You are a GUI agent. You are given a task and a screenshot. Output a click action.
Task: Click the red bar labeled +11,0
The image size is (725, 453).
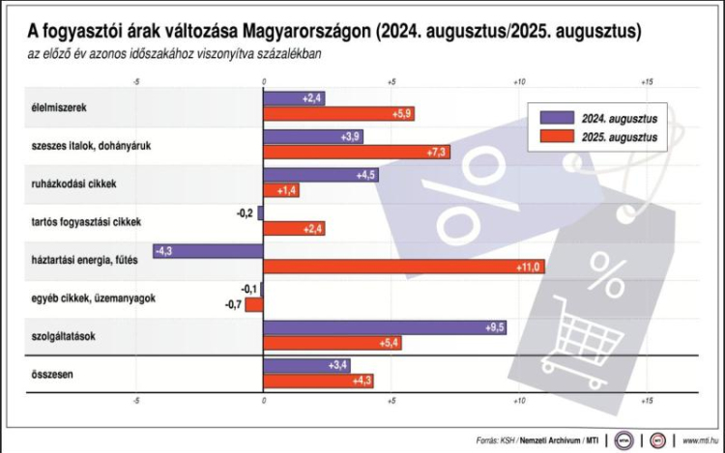point(403,266)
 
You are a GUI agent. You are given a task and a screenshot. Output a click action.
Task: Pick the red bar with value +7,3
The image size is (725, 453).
point(357,152)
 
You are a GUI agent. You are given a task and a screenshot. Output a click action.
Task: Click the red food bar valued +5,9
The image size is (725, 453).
point(338,113)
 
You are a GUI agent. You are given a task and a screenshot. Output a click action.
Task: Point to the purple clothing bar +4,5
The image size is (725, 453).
point(321,176)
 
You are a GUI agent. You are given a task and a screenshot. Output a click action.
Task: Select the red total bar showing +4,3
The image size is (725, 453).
point(318,380)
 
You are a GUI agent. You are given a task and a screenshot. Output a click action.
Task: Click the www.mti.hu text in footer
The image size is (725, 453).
point(701,439)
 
